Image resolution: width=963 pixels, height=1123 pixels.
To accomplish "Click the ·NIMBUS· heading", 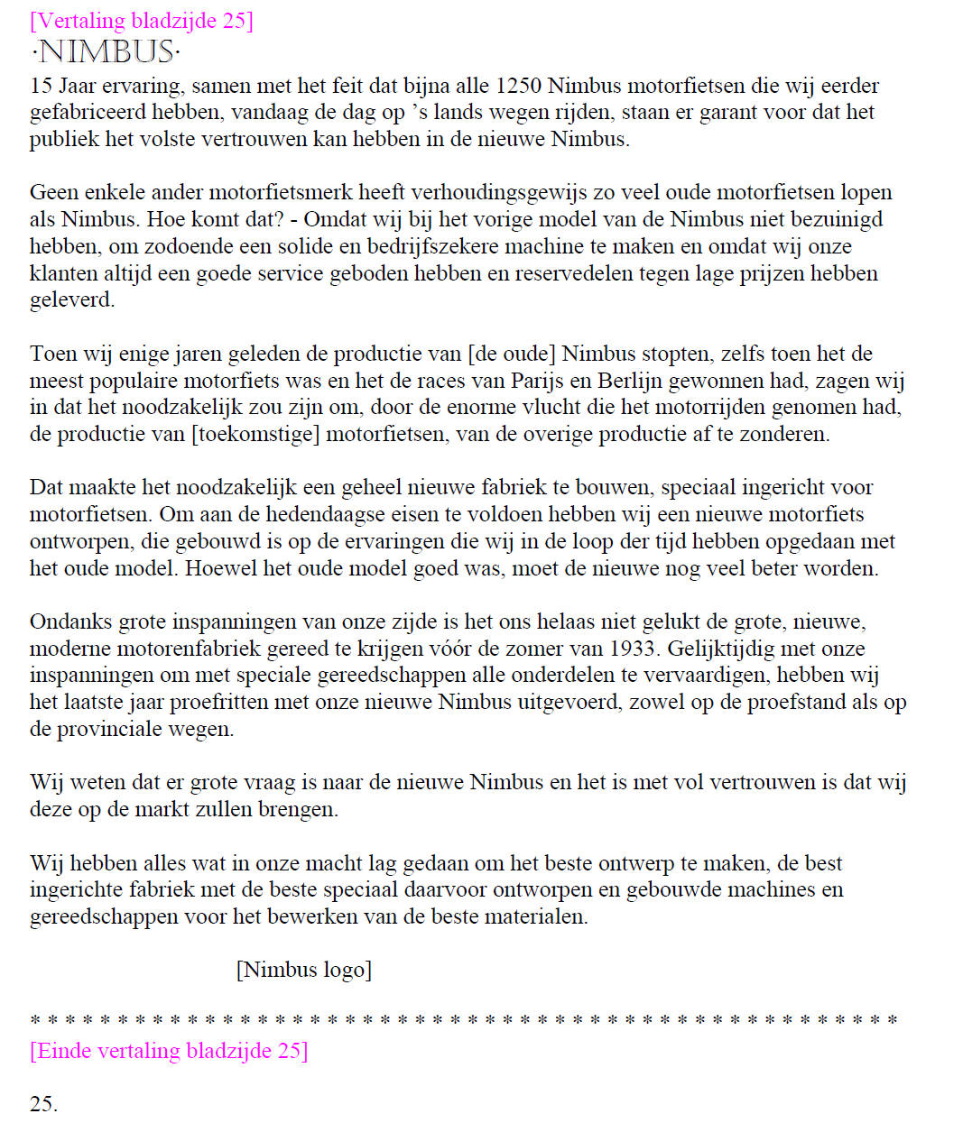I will [106, 51].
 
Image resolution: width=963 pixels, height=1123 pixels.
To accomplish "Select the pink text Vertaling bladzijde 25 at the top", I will [142, 20].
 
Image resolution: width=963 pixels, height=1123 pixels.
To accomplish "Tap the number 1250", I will [518, 86].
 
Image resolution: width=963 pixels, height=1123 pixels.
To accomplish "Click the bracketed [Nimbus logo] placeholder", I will [304, 970].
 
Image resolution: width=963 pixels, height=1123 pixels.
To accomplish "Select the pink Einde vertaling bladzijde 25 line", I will [169, 1051].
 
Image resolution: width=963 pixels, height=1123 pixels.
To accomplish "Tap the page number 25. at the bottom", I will [43, 1104].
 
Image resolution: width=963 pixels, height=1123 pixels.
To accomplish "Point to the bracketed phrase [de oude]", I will [511, 354].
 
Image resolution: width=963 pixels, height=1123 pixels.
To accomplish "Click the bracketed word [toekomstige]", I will [255, 434].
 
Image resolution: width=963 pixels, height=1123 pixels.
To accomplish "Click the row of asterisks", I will [464, 1021].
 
